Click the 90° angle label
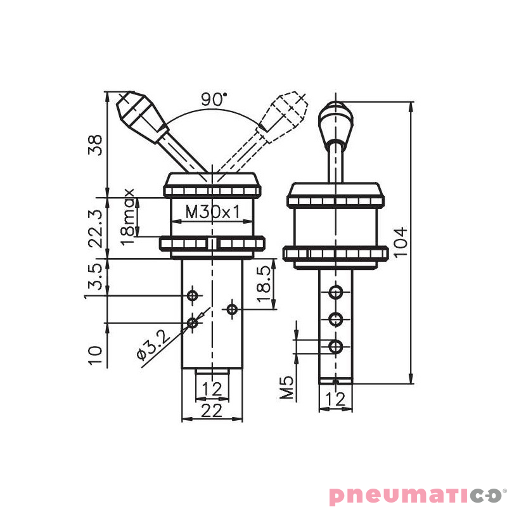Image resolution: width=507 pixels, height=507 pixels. pyautogui.click(x=214, y=99)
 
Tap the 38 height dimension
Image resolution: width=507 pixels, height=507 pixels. pyautogui.click(x=96, y=145)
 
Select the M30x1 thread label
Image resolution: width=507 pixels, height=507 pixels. pyautogui.click(x=213, y=212)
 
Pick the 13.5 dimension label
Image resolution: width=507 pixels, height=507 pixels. pyautogui.click(x=94, y=276)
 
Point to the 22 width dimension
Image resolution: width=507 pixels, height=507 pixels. pyautogui.click(x=212, y=410)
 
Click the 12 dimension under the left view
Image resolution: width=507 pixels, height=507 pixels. pyautogui.click(x=212, y=388)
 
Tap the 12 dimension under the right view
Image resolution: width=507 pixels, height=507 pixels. pyautogui.click(x=335, y=399)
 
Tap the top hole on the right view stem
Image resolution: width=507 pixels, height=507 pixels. pyautogui.click(x=335, y=292)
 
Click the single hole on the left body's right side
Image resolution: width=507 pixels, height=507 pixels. pyautogui.click(x=233, y=309)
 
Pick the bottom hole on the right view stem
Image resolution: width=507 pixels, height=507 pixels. pyautogui.click(x=335, y=346)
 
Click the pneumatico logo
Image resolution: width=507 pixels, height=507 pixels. pyautogui.click(x=415, y=494)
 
